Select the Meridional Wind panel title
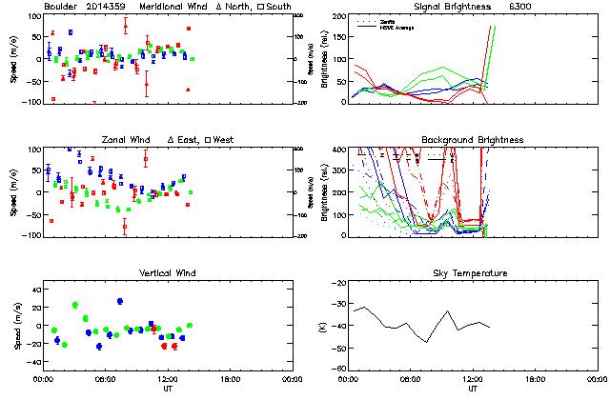(x=165, y=8)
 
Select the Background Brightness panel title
(x=473, y=140)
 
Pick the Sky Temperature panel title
(x=473, y=273)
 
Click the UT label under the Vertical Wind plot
(x=168, y=388)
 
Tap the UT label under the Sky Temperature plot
(x=473, y=388)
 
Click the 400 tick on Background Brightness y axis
(x=339, y=150)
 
